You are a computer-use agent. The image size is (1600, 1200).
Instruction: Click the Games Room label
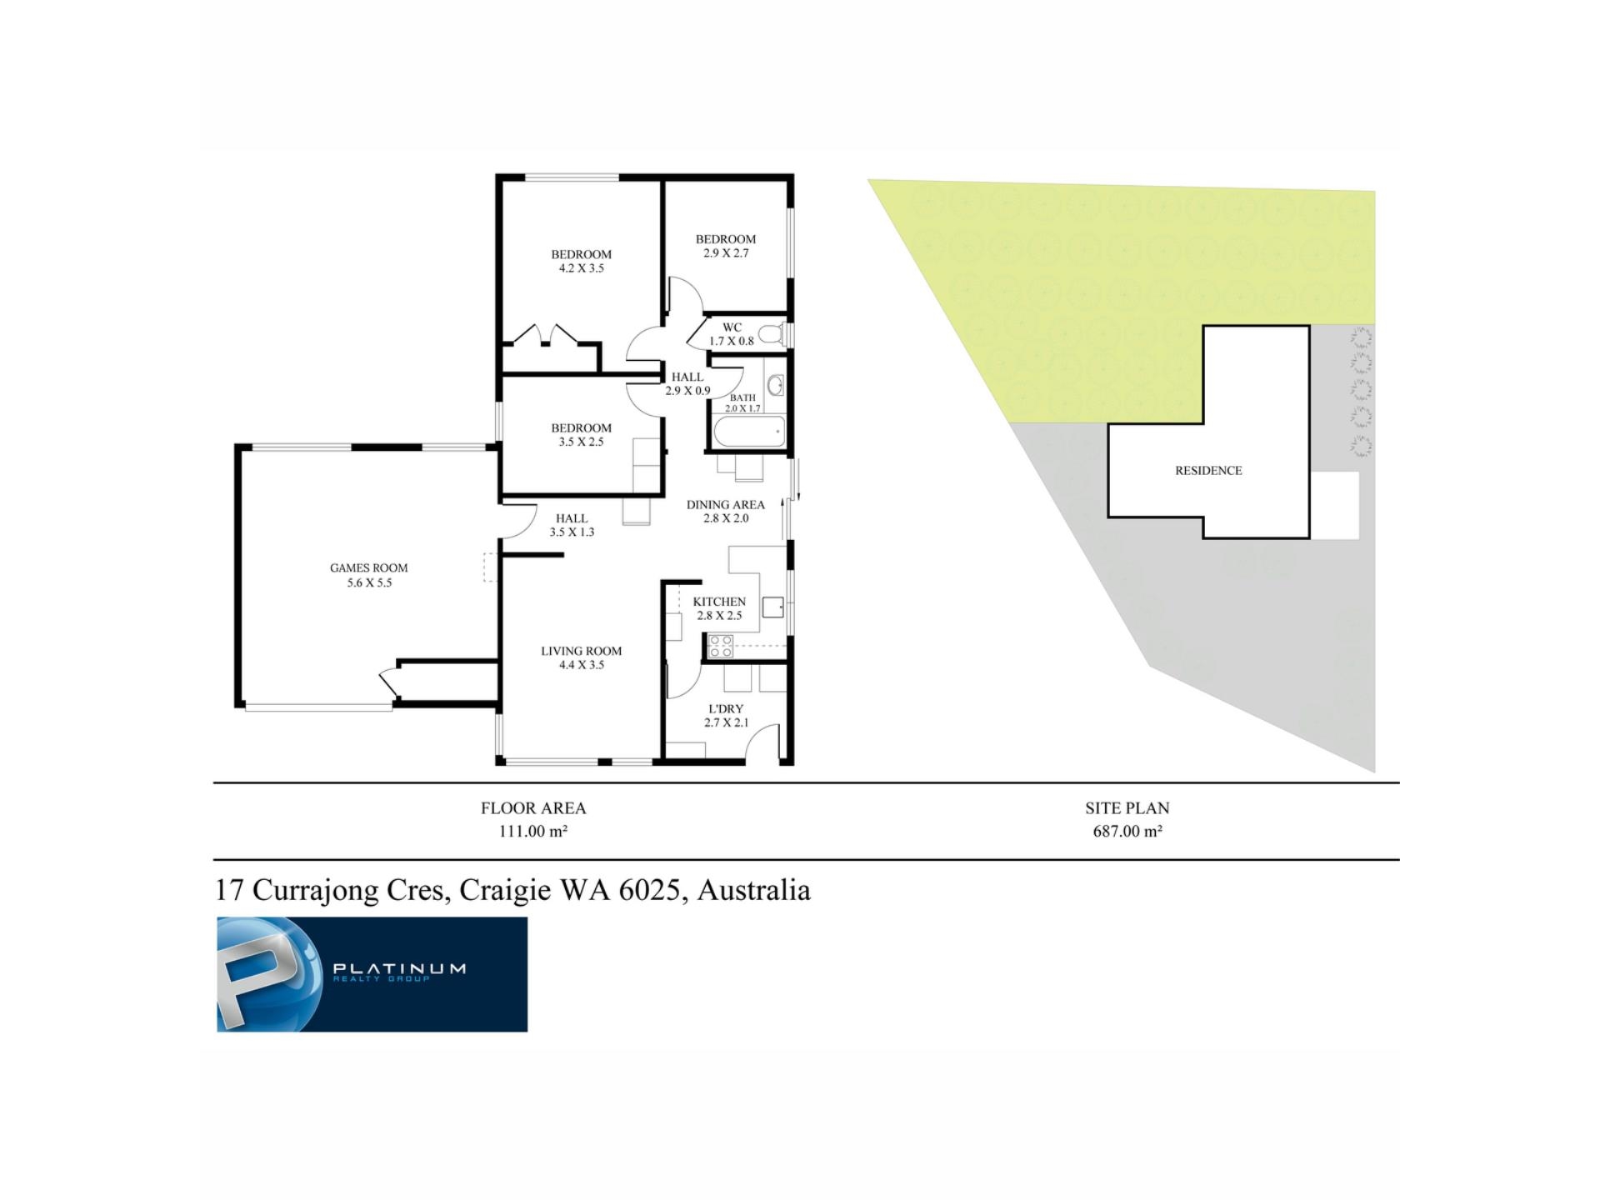368,568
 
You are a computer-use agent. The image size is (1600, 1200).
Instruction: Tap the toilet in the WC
772,335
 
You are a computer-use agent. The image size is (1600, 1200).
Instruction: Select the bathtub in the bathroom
749,432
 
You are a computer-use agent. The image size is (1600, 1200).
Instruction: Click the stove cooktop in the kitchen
720,647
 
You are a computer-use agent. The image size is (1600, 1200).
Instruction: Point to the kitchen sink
772,607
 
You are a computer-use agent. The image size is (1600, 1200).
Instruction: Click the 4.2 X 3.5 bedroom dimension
581,268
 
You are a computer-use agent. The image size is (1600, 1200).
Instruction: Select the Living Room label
581,651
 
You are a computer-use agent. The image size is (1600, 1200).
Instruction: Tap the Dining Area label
725,504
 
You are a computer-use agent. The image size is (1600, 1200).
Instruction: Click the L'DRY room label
725,709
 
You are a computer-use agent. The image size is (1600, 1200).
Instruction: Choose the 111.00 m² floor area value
533,831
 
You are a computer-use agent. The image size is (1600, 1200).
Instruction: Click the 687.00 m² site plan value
1127,831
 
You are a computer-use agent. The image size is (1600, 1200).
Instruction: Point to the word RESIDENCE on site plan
1208,471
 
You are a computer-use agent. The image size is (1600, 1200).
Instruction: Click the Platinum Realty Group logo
372,974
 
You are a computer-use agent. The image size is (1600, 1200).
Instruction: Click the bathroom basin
775,385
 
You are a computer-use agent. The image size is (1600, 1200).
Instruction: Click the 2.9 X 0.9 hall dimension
687,391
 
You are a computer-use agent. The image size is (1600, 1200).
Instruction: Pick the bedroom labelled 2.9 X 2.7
726,246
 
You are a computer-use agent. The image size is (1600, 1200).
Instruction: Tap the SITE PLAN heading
1127,807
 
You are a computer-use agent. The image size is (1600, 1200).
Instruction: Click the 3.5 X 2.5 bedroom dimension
581,442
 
